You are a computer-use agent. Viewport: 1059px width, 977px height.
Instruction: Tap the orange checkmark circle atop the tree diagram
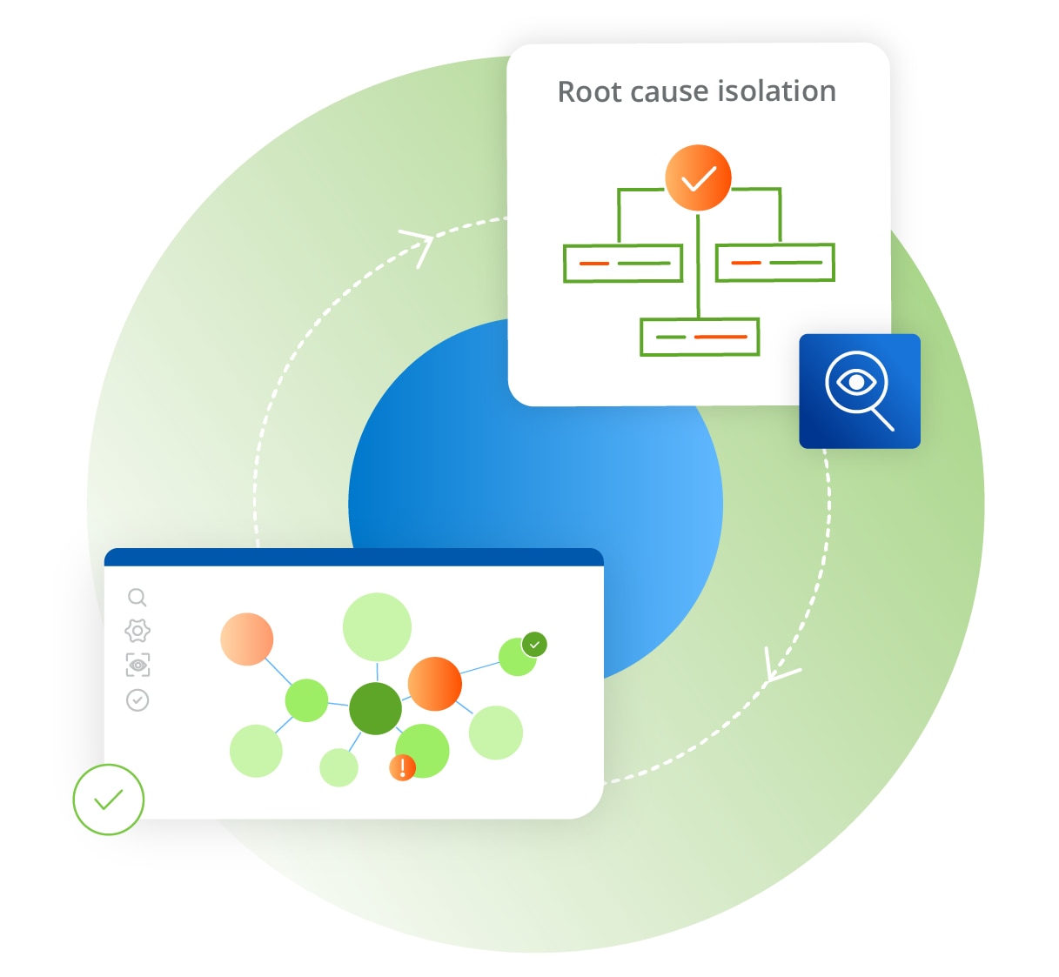698,178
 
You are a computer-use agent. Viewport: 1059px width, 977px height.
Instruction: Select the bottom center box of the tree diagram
700,337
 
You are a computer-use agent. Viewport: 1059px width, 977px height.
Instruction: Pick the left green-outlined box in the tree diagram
622,263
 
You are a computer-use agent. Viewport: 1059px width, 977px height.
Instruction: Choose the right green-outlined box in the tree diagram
774,262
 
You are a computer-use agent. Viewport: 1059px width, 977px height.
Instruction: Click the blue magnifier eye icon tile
859,391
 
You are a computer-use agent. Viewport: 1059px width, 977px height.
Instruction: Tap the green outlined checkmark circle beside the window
108,800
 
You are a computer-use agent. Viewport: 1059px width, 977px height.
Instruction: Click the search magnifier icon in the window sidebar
137,597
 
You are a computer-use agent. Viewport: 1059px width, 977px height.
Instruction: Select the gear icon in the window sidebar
137,631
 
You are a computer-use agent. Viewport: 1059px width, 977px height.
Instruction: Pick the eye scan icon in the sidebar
137,665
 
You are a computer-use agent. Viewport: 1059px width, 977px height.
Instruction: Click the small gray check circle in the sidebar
137,699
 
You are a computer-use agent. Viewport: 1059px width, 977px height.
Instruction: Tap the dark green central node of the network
375,708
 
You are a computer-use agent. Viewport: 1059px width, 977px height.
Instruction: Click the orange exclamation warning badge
402,767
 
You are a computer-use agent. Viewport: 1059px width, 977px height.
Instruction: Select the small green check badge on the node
534,645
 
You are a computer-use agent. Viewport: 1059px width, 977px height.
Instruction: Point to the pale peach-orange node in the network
246,639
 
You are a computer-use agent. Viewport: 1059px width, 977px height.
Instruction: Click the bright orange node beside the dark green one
434,684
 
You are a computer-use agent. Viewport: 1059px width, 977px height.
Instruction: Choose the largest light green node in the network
377,627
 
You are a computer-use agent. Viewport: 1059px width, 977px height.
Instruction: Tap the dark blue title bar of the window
353,557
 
